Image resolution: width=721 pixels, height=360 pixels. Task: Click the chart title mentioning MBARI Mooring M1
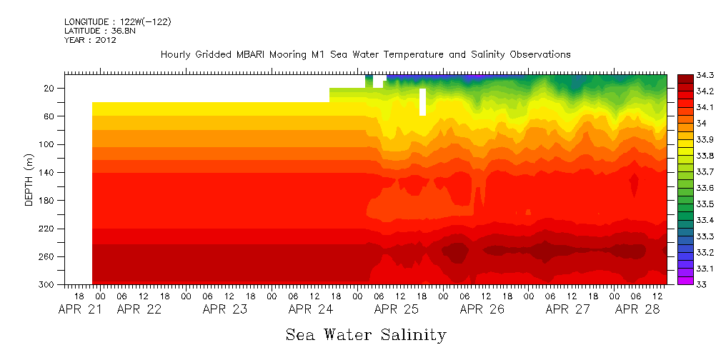coord(365,55)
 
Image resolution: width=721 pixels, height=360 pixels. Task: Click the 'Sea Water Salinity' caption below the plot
coord(366,335)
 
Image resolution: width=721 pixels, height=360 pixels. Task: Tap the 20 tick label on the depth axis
coord(50,89)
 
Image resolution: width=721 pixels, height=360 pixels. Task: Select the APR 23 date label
coord(225,310)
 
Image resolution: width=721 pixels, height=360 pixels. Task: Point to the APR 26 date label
coord(482,310)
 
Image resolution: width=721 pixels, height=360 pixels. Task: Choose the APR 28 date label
coord(637,310)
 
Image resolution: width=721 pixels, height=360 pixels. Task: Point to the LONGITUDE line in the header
coord(117,22)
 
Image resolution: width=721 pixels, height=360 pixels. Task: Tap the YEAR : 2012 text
coord(90,41)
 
